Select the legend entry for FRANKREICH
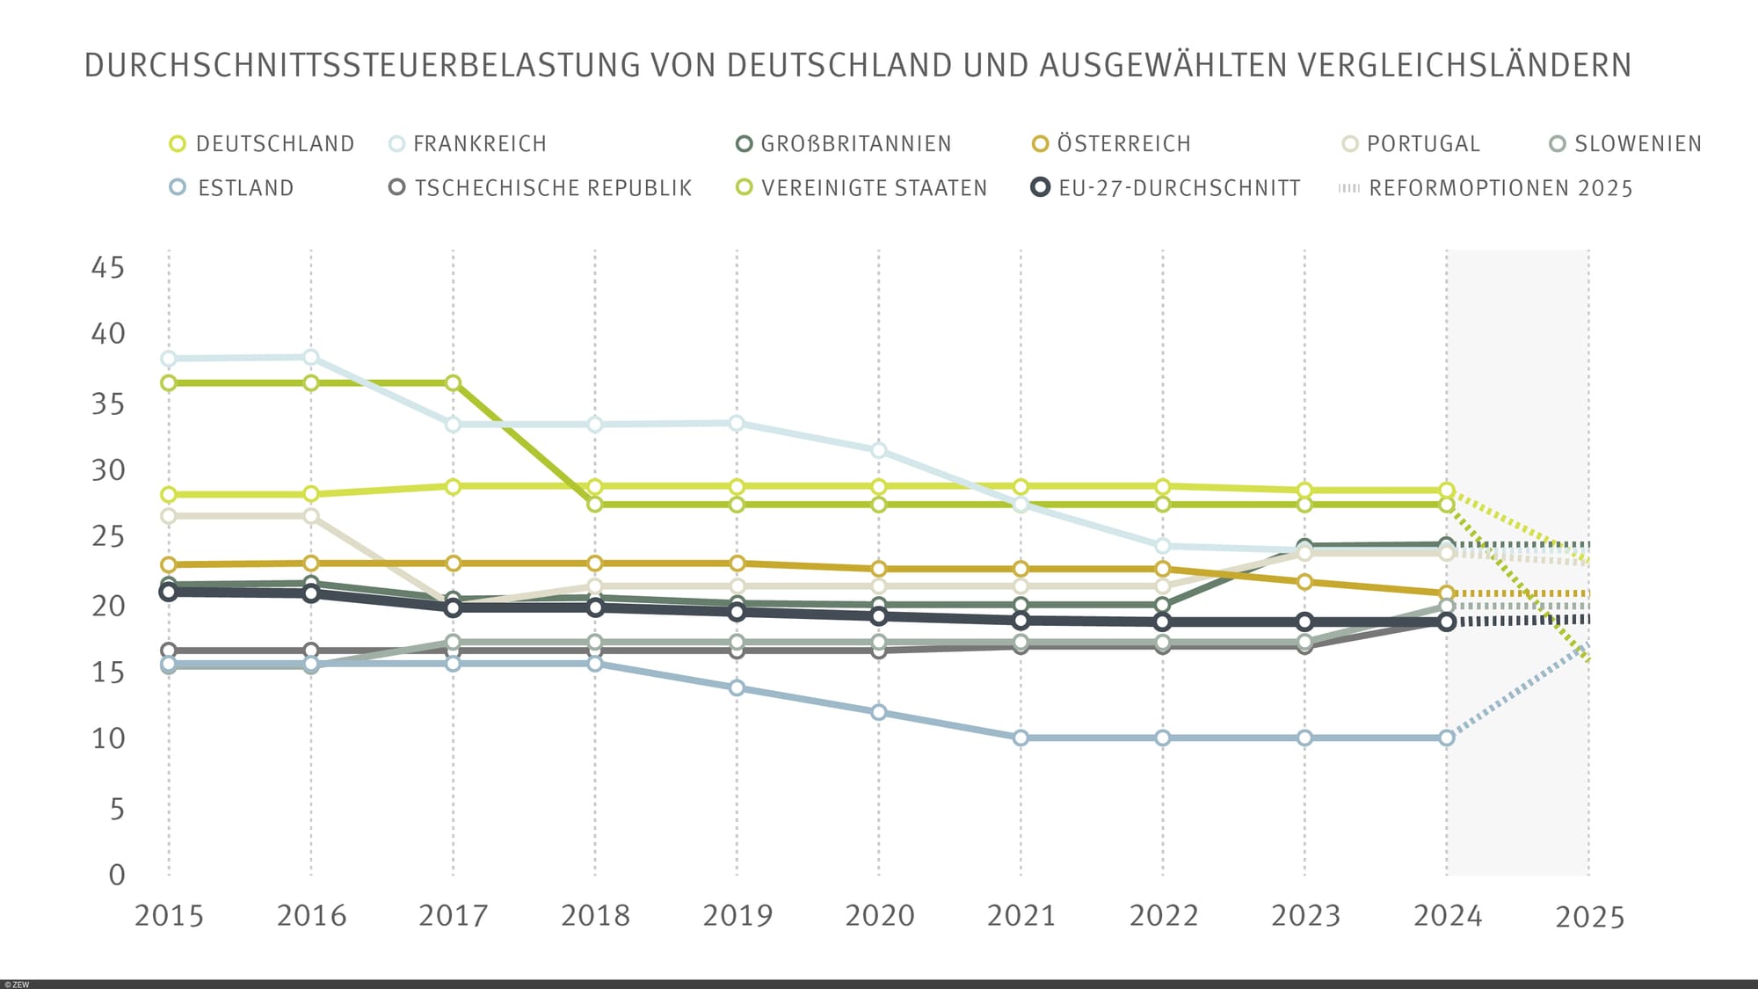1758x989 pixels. point(479,144)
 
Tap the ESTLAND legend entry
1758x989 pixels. point(245,188)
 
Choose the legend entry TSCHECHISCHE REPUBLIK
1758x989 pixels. point(553,188)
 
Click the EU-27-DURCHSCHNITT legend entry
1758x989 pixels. point(1179,188)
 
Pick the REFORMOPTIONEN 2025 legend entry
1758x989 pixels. point(1500,188)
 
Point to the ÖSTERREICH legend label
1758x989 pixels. point(1123,144)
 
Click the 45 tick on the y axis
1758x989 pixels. point(108,267)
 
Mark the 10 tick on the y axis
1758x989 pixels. point(108,738)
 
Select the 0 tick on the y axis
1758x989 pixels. point(117,875)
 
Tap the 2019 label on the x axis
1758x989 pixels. point(737,916)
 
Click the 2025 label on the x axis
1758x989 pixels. point(1589,918)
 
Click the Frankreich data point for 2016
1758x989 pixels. point(311,357)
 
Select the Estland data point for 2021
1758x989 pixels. point(1021,738)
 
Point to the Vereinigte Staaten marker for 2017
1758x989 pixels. point(453,383)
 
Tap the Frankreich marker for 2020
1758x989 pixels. point(878,450)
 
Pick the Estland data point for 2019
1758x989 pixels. point(737,687)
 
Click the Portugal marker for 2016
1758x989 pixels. point(311,516)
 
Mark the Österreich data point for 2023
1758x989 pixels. point(1304,582)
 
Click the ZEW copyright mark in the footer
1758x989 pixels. point(17,985)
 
